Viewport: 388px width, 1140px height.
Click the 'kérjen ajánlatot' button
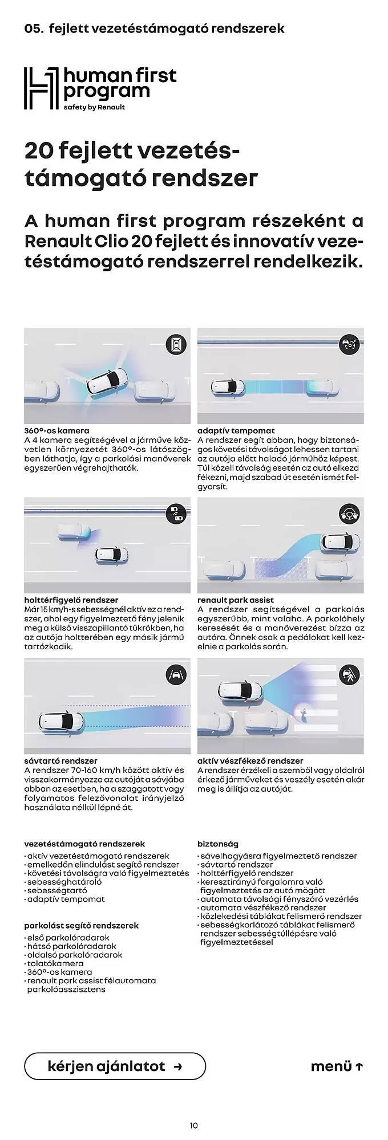(x=115, y=1066)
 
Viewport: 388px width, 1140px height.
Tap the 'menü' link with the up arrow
(x=337, y=1066)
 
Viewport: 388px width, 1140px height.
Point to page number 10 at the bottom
(x=193, y=1125)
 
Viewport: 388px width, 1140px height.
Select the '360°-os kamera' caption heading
(x=56, y=431)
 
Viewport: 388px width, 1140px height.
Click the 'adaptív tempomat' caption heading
(x=236, y=431)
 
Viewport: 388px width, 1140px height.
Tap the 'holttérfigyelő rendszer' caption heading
(x=71, y=600)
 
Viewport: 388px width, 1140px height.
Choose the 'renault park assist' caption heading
(x=236, y=600)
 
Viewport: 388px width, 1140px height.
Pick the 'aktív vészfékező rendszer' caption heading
(x=250, y=761)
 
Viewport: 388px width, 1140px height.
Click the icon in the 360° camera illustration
(x=176, y=344)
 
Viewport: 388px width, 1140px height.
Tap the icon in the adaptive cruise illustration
(x=349, y=344)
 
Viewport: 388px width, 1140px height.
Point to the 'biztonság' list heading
(x=218, y=844)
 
